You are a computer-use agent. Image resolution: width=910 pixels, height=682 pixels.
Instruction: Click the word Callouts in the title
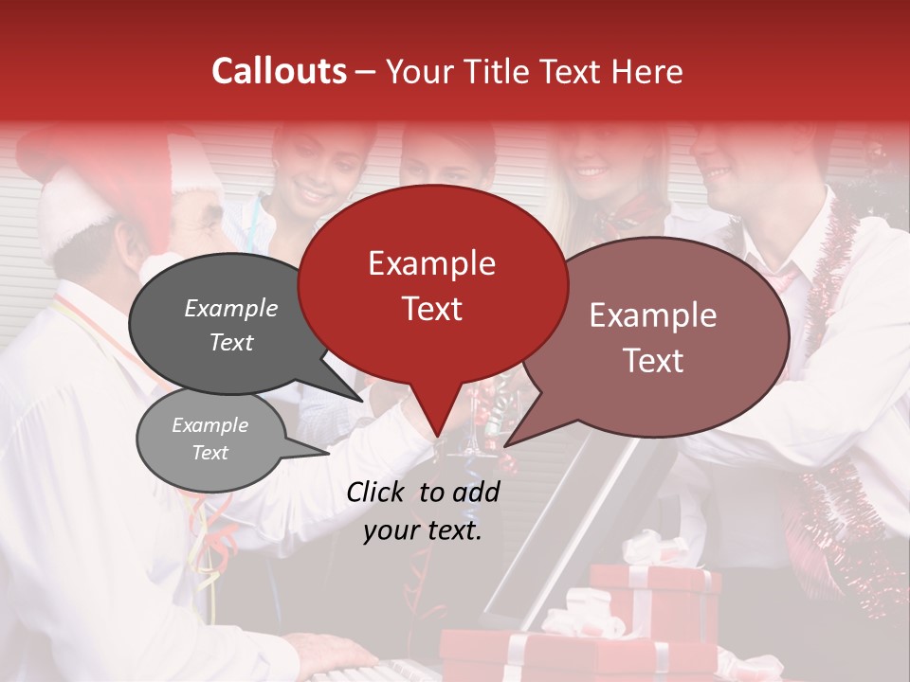click(279, 71)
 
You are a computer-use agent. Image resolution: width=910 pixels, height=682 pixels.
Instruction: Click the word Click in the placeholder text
click(377, 492)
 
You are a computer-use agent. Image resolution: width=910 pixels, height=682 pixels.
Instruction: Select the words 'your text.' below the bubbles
click(423, 531)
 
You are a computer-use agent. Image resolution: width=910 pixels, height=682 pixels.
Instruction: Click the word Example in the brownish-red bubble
click(653, 315)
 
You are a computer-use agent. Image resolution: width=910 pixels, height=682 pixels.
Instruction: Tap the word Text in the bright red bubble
click(431, 309)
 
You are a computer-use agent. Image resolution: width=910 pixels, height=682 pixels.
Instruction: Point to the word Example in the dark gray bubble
click(231, 308)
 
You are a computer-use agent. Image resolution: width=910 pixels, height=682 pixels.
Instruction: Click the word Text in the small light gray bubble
click(210, 453)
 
